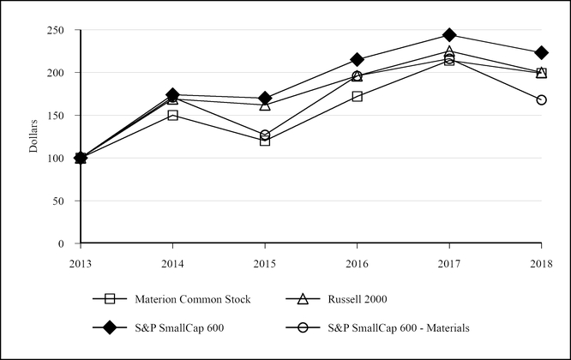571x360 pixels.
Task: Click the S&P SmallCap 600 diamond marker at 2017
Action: [449, 35]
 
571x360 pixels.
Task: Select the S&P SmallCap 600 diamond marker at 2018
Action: [541, 53]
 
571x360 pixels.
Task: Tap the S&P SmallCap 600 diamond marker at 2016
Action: [357, 60]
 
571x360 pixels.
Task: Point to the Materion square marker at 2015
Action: [265, 141]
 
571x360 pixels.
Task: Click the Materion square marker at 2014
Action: [173, 115]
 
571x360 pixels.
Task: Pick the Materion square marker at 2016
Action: [357, 96]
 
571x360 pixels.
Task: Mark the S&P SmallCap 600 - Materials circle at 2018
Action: [541, 100]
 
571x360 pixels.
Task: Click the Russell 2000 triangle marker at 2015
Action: [265, 105]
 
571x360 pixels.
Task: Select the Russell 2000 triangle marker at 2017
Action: [449, 52]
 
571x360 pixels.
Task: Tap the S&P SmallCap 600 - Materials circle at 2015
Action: [265, 135]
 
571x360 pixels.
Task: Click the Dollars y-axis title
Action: [33, 137]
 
